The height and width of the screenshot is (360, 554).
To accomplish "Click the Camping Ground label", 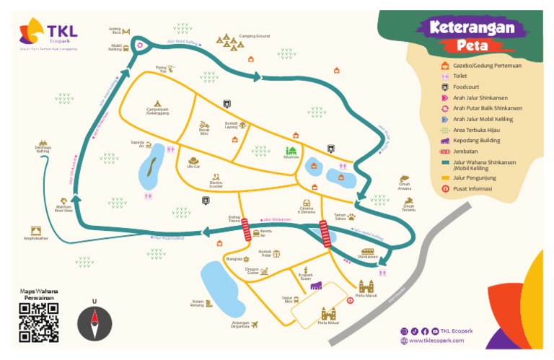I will point(254,35).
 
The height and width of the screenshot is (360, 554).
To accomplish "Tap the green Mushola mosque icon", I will point(291,151).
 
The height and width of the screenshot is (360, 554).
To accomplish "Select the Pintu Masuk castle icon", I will point(366,286).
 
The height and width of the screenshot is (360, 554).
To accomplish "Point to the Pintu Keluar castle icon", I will point(328,313).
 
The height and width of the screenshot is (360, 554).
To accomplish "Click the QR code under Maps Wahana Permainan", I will point(38,322).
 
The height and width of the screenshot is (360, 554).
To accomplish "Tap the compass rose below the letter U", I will point(94,323).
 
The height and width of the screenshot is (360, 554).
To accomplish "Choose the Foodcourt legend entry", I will point(467,87).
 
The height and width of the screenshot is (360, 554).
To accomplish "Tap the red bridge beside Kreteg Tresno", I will point(246,230).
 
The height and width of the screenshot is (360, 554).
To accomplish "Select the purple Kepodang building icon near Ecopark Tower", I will point(315,286).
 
